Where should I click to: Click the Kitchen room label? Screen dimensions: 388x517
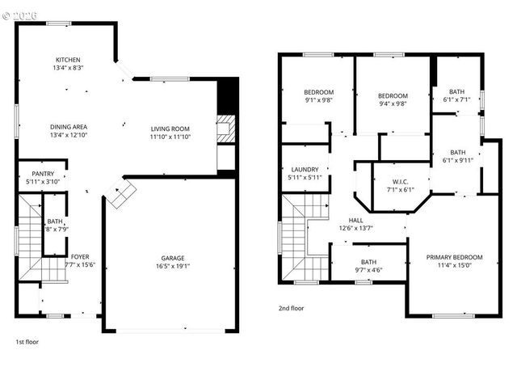[x=68, y=60]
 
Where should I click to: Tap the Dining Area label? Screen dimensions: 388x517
[x=69, y=127]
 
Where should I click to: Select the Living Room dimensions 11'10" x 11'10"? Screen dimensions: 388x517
[x=170, y=137]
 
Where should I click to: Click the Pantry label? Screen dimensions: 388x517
[x=42, y=174]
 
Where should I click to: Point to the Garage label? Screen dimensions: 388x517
[x=170, y=257]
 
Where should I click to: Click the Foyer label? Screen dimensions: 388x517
[x=79, y=257]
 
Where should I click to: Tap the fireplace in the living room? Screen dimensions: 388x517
[x=225, y=130]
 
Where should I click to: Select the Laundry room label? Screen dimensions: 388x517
[x=305, y=169]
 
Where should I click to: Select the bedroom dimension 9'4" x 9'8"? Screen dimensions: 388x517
[x=393, y=103]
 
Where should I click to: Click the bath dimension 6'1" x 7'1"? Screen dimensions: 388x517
[x=458, y=100]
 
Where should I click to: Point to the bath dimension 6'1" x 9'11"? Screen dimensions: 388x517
[x=458, y=160]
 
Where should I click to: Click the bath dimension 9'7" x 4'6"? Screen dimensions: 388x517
[x=368, y=270]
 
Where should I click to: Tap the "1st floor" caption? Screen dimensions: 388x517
[x=27, y=342]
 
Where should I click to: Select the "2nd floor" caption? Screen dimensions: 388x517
[x=291, y=309]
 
